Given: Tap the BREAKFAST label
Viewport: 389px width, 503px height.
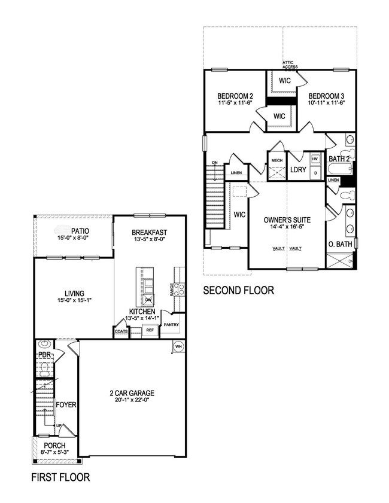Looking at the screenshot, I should coord(149,232).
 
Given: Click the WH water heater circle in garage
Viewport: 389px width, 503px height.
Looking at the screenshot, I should coord(178,346).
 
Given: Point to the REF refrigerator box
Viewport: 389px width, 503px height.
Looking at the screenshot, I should coord(150,330).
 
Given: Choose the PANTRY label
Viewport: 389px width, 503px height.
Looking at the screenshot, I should coord(172,325).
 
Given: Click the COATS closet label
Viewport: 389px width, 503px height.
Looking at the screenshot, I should coord(121,331).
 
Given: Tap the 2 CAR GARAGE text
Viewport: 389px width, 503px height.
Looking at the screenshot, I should coord(132,393).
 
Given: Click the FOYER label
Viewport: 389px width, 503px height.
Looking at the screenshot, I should coord(66,405).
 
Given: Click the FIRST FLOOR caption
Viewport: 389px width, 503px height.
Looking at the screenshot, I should coord(60,477).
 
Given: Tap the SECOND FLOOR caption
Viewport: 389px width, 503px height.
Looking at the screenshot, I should coord(239,291).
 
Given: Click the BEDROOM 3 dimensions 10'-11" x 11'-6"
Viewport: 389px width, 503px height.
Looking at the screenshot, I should coord(326,103).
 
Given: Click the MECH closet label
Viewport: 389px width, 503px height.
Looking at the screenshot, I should coord(276,160).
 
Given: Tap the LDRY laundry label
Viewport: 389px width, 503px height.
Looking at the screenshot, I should coord(298,170).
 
